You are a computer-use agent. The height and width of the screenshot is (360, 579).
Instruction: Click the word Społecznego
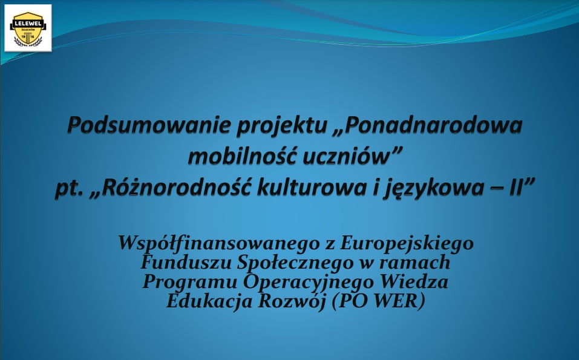303,264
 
